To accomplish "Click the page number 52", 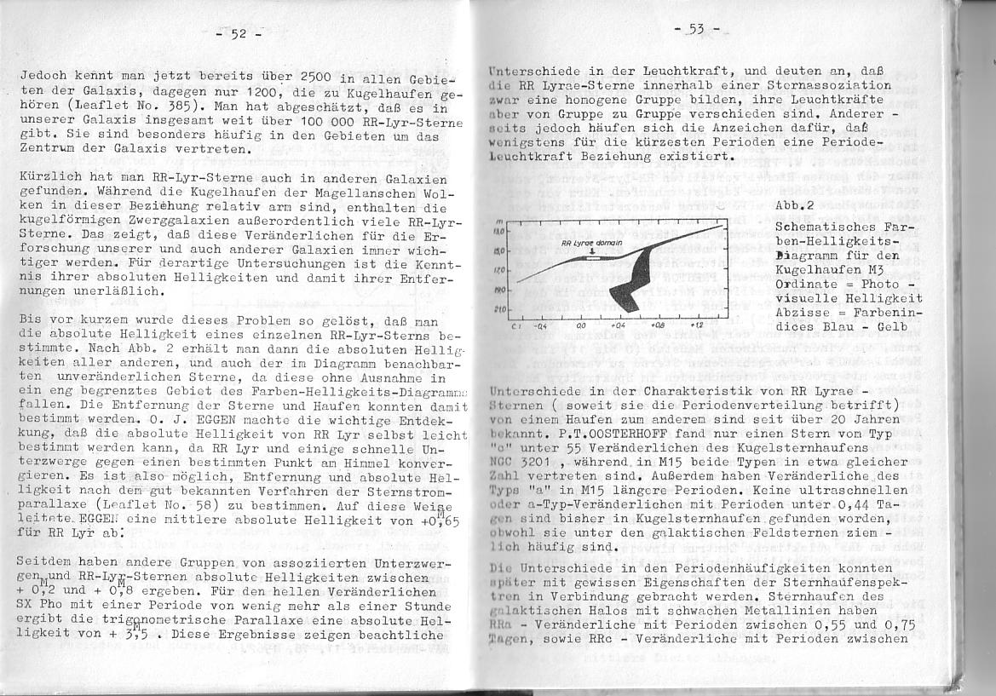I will (x=238, y=34).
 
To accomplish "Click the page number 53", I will (x=696, y=30).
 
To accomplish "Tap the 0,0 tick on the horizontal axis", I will (x=581, y=325).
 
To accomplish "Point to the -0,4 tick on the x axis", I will (x=538, y=325).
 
